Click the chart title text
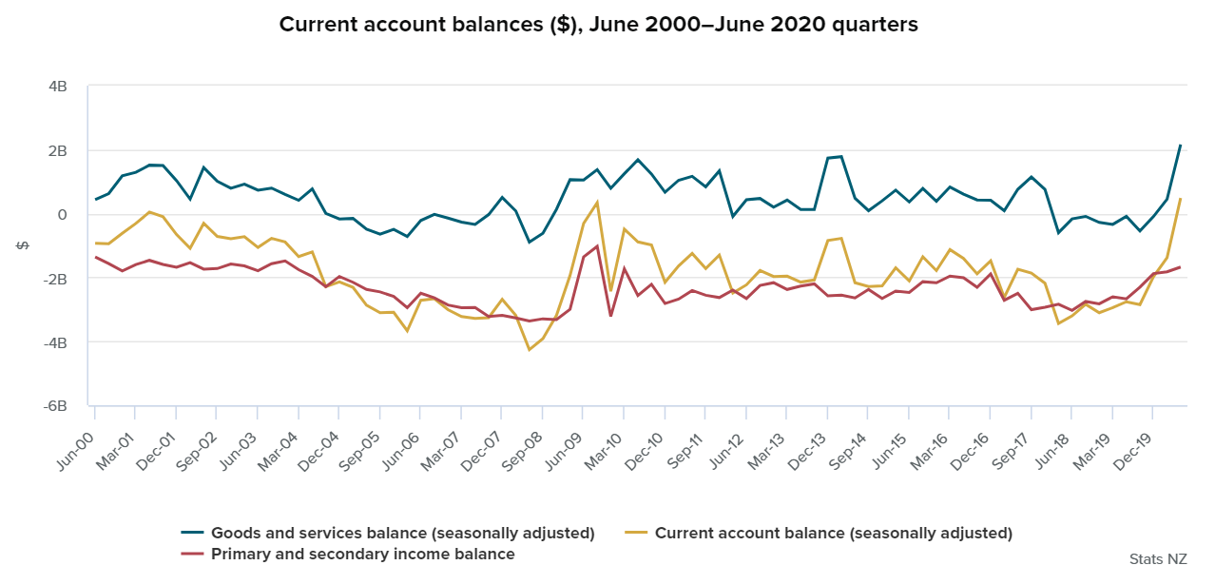(599, 25)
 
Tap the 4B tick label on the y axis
(58, 87)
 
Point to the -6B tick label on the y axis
(56, 405)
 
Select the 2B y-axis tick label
(58, 150)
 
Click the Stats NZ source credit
(1158, 558)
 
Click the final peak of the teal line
(1180, 146)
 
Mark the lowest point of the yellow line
(530, 350)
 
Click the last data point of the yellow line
(1180, 199)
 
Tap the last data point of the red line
(1180, 267)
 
